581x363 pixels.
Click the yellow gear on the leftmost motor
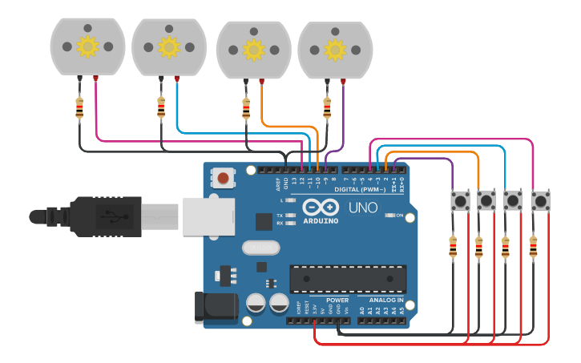point(87,46)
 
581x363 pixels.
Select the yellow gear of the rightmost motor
point(334,50)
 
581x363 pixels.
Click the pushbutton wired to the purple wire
point(460,200)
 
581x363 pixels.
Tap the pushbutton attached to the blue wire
point(513,200)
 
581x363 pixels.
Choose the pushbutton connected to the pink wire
point(540,200)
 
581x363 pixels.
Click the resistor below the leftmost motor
point(79,107)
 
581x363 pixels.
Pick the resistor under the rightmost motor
point(326,107)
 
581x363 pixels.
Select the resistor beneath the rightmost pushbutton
point(533,248)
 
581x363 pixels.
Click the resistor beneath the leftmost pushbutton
point(453,248)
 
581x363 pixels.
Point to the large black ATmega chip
point(347,278)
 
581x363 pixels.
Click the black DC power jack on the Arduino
point(216,308)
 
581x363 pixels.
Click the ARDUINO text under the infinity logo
point(321,221)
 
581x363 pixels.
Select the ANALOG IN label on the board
point(386,300)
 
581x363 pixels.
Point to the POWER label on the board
point(337,300)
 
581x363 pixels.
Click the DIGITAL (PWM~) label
point(360,190)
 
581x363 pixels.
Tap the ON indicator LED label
point(398,216)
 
